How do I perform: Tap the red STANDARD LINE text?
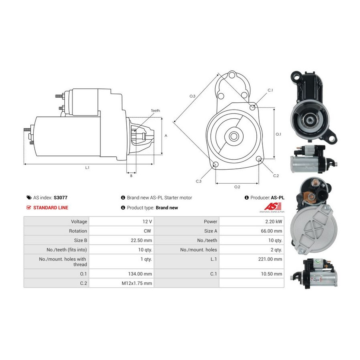click(50, 208)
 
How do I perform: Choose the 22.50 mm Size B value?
click(142, 240)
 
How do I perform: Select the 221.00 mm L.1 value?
click(272, 259)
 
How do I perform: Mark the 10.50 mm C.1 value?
click(274, 274)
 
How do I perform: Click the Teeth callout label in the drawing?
click(155, 111)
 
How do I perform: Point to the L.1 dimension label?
click(87, 168)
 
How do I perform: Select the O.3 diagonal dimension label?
click(192, 96)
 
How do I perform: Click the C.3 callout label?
click(198, 181)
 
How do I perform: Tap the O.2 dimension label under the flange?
click(237, 187)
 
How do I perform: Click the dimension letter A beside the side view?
click(166, 136)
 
